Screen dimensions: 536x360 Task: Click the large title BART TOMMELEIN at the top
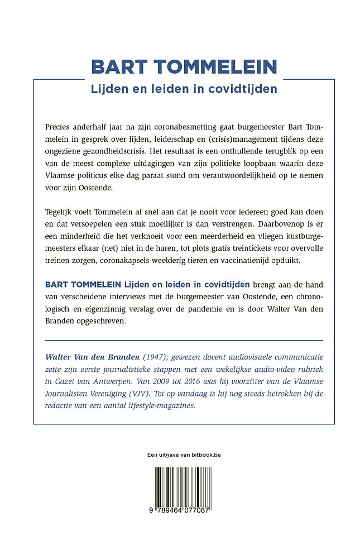pyautogui.click(x=184, y=66)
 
